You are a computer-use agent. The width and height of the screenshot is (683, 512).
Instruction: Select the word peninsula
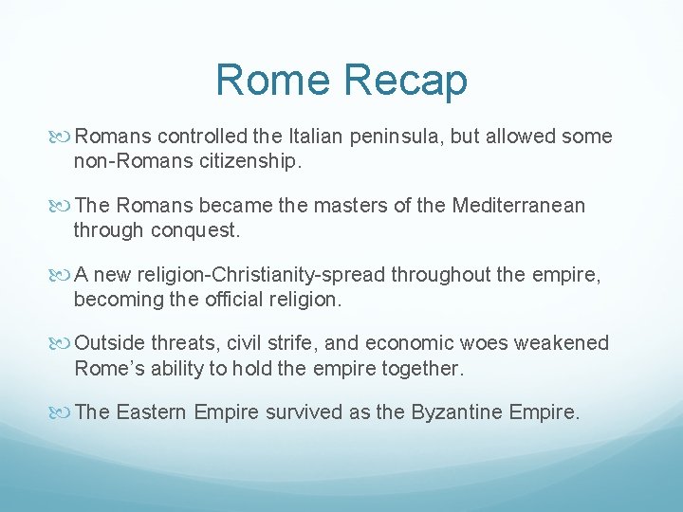[399, 137]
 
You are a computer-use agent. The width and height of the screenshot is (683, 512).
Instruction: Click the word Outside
[110, 342]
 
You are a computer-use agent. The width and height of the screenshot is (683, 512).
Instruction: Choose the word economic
[415, 342]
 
